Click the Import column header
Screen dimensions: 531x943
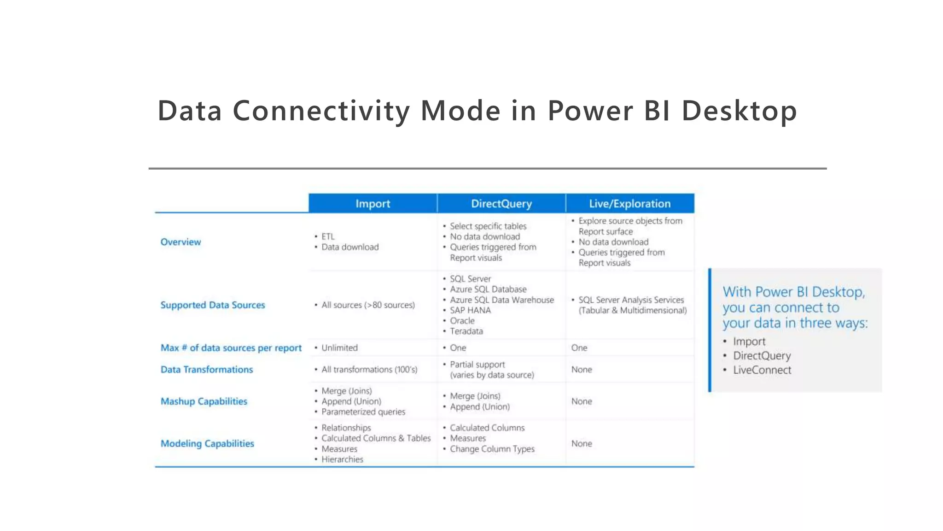373,204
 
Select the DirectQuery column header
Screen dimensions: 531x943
501,204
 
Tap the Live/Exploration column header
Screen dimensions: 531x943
629,204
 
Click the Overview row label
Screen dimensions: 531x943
180,242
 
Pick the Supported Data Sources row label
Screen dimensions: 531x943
213,305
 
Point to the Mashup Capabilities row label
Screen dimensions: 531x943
204,401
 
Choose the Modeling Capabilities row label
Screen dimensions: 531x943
207,443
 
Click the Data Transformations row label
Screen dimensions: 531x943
207,370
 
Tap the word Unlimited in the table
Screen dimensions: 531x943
339,348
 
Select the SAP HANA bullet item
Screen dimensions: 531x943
470,310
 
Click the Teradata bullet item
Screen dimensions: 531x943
466,331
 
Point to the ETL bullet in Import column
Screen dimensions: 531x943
328,236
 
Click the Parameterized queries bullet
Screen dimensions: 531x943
363,412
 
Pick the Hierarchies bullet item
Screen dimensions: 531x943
342,460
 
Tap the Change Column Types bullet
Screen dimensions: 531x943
492,449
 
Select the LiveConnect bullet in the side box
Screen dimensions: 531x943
762,370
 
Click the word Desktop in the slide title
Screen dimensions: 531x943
739,111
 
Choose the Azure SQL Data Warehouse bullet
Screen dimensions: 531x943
502,300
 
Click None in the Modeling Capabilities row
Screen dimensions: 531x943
582,443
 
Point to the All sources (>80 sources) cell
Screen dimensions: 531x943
368,305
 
